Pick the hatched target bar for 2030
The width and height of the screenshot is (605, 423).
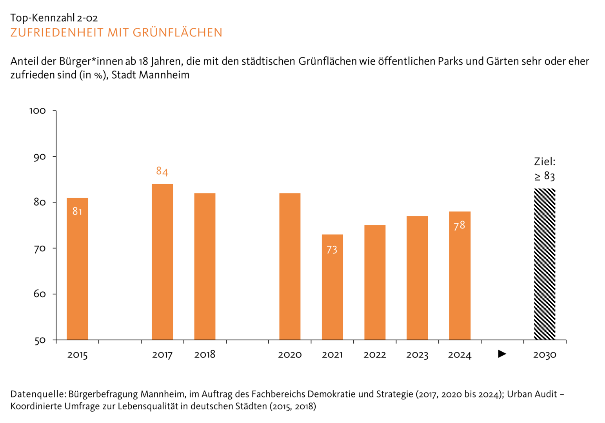click(545, 264)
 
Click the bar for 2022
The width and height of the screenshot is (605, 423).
click(375, 282)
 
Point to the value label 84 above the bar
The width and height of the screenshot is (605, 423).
click(162, 171)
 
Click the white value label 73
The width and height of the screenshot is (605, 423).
click(332, 249)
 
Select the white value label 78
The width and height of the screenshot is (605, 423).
click(459, 226)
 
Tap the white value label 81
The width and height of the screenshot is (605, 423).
click(77, 211)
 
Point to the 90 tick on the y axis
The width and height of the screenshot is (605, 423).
click(40, 157)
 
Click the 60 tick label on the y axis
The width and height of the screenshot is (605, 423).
click(40, 294)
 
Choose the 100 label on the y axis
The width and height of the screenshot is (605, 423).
click(38, 111)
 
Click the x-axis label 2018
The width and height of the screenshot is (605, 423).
click(205, 354)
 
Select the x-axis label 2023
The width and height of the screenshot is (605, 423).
click(417, 355)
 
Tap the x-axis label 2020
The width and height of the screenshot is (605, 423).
click(290, 355)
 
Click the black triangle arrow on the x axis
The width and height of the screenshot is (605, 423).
click(502, 354)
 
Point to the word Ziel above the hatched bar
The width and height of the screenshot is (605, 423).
click(544, 161)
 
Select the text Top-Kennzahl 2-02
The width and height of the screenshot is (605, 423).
click(54, 18)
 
